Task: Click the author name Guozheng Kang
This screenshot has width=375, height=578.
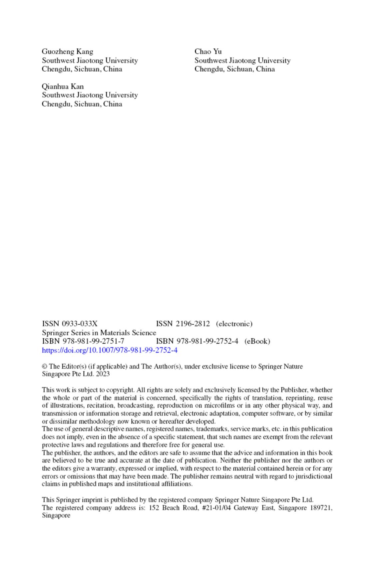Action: pos(67,52)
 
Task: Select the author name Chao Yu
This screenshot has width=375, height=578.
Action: pos(208,52)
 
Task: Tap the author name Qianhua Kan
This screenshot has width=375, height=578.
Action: pos(63,87)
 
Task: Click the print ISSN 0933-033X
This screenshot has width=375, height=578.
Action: pos(70,324)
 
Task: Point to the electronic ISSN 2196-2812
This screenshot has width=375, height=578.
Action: pos(183,324)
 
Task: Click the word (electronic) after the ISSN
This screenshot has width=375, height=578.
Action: pos(234,324)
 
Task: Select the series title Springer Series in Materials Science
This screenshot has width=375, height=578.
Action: pos(99,333)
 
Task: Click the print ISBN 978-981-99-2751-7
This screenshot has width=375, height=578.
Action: pos(83,341)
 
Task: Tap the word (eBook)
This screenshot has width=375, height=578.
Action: pos(257,341)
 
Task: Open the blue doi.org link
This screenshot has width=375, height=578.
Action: pos(110,350)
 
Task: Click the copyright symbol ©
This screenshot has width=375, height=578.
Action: pos(44,367)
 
